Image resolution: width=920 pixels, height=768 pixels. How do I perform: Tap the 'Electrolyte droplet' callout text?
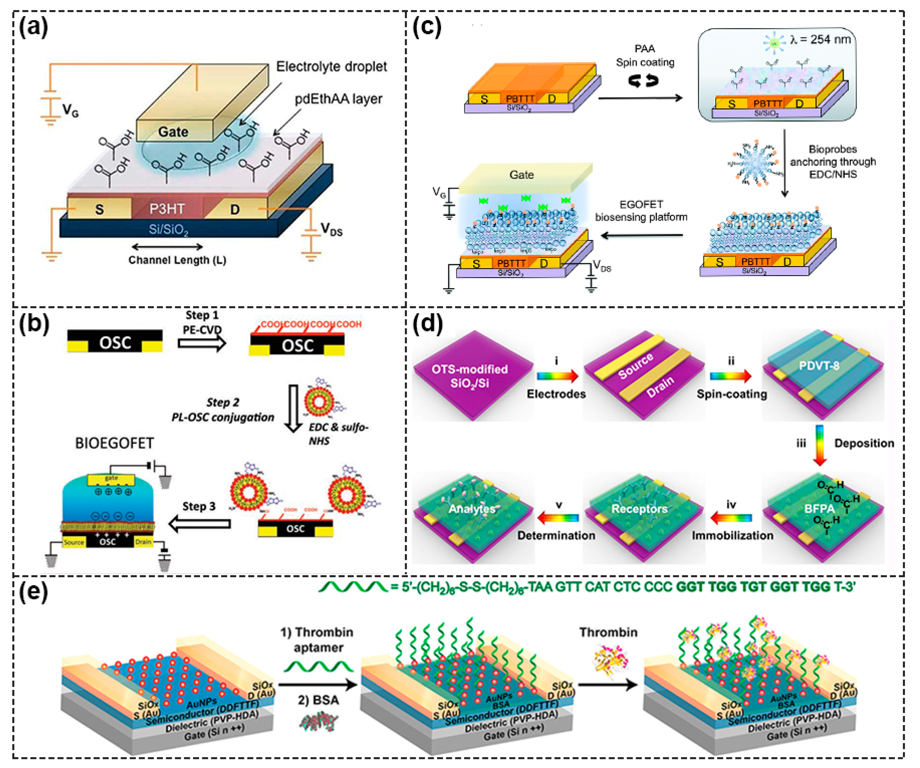click(x=331, y=67)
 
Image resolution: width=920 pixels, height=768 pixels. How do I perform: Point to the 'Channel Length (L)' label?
click(x=177, y=260)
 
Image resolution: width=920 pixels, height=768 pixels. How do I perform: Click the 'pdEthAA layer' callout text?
click(x=338, y=99)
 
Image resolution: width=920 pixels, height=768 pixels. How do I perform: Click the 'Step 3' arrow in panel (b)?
click(x=200, y=523)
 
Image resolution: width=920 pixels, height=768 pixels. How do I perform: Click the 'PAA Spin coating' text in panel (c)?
click(x=645, y=56)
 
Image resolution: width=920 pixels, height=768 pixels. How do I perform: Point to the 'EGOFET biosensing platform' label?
click(x=641, y=211)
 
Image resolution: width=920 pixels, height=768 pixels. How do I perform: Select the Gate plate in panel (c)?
click(x=521, y=175)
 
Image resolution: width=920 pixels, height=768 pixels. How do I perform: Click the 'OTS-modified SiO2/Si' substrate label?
click(x=470, y=376)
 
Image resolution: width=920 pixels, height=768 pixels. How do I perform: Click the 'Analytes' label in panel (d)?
click(x=472, y=509)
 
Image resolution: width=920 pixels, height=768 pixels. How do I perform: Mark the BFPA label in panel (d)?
click(x=819, y=509)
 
